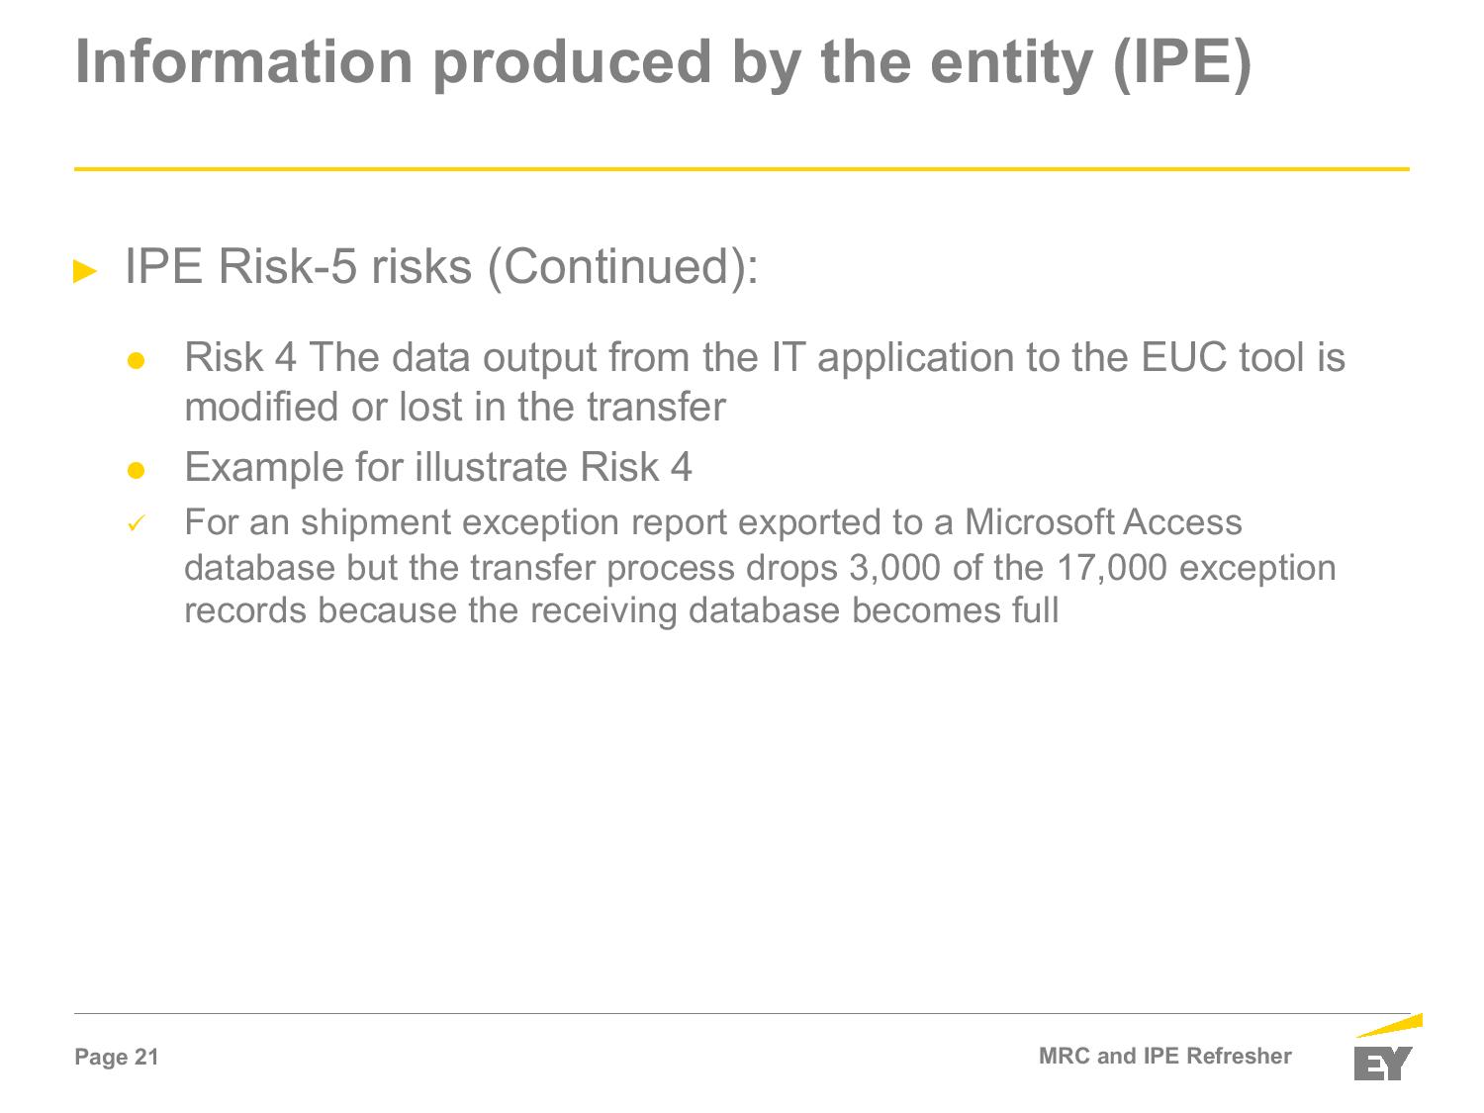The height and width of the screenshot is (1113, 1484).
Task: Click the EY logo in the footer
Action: point(1387,1048)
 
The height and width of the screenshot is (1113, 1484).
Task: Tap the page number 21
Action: point(146,1057)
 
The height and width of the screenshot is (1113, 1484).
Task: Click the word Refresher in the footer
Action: point(1239,1056)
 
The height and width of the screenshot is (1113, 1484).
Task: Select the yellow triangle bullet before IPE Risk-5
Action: point(85,271)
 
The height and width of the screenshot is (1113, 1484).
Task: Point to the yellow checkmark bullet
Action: point(136,523)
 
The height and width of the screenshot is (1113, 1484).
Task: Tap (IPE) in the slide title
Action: point(1182,64)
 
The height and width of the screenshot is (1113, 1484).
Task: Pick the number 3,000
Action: point(894,568)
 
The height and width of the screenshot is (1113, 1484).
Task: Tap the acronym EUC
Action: point(1183,357)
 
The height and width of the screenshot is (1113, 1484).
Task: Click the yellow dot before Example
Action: point(136,470)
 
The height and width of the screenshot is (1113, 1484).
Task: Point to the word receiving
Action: point(603,611)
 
